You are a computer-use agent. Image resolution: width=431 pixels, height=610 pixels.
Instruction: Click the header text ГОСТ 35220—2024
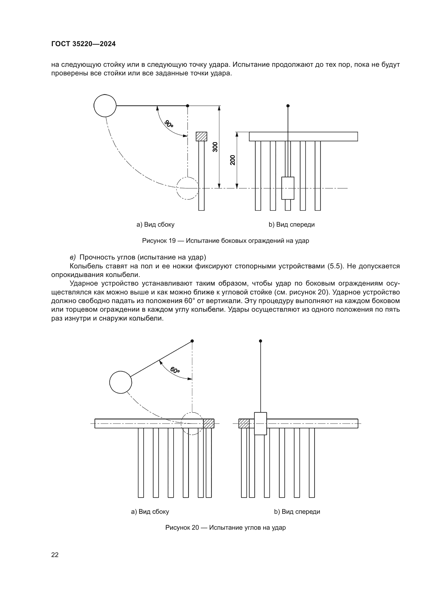[x=83, y=44]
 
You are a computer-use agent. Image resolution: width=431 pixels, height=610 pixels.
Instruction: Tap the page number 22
[x=55, y=555]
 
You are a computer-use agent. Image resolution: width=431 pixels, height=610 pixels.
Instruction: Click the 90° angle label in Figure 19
[x=169, y=124]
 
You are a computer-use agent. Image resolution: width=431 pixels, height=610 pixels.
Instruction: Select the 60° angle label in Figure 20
[x=175, y=370]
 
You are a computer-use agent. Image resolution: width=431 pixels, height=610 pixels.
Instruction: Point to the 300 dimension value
[x=215, y=147]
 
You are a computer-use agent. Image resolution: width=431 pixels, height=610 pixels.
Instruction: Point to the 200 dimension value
[x=233, y=160]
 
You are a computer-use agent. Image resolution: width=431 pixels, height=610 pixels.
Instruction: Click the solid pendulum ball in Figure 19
[x=105, y=105]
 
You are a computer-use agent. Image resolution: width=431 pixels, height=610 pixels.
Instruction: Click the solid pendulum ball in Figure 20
[x=121, y=382]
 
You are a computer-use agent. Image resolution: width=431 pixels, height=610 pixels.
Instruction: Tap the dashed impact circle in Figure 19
[x=187, y=188]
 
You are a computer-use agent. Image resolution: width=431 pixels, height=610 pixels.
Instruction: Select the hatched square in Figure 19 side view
[x=201, y=137]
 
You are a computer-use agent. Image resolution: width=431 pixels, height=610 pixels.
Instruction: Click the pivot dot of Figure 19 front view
[x=288, y=106]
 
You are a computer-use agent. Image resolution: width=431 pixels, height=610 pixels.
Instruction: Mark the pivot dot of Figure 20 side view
[x=192, y=341]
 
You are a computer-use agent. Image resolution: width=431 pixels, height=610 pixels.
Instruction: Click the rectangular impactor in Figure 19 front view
[x=288, y=188]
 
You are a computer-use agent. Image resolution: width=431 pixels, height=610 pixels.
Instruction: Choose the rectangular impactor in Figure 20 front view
[x=260, y=424]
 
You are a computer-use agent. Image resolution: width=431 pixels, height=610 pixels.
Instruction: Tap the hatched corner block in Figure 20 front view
[x=244, y=423]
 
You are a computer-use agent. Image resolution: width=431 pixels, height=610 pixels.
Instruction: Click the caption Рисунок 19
[x=226, y=241]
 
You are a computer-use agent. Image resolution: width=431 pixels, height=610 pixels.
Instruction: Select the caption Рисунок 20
[x=225, y=527]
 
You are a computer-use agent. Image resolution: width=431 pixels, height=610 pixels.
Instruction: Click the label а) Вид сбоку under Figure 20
[x=150, y=511]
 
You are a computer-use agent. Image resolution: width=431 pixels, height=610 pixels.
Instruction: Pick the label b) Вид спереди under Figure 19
[x=291, y=225]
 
